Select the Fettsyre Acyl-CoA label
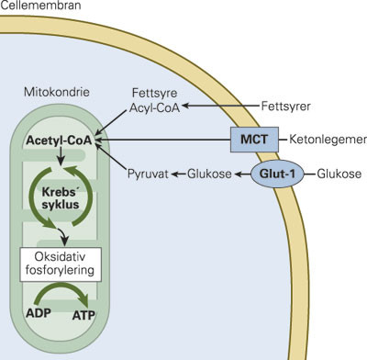[153, 99]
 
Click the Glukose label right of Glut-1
[337, 173]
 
